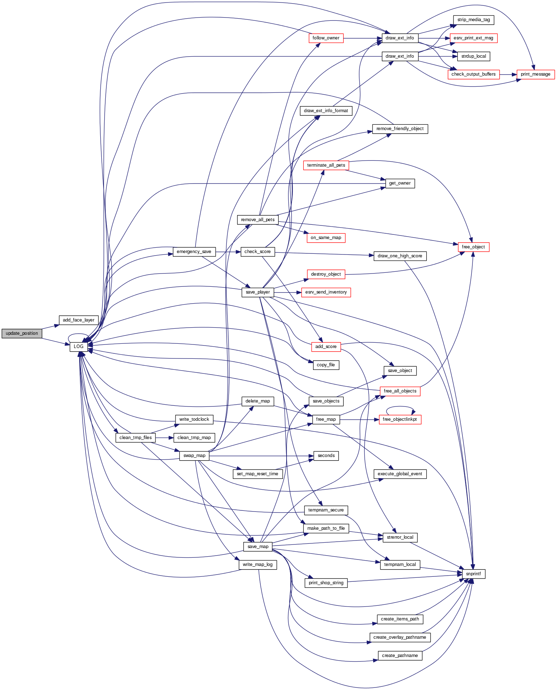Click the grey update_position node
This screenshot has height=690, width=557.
click(22, 333)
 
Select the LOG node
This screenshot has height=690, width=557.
click(78, 347)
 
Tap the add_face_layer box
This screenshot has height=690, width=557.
click(78, 320)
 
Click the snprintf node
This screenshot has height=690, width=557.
click(474, 574)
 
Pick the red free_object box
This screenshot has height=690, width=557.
click(473, 247)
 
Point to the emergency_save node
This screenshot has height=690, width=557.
click(194, 252)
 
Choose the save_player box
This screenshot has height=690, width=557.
click(258, 292)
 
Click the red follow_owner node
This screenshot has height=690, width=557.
click(326, 38)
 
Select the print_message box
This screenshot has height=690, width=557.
click(536, 74)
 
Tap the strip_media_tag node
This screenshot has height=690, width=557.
click(474, 20)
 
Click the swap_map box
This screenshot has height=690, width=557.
click(194, 456)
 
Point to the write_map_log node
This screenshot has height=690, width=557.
click(258, 565)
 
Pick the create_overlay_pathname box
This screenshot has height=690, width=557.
click(400, 637)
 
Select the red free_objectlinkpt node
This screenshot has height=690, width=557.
click(400, 419)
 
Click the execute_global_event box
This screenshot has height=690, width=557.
click(400, 474)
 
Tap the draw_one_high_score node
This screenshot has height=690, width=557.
click(400, 256)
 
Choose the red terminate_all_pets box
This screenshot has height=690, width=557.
click(326, 165)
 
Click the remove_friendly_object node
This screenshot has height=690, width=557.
click(400, 129)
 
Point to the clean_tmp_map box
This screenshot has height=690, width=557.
click(194, 438)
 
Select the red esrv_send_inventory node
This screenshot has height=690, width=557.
click(326, 292)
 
